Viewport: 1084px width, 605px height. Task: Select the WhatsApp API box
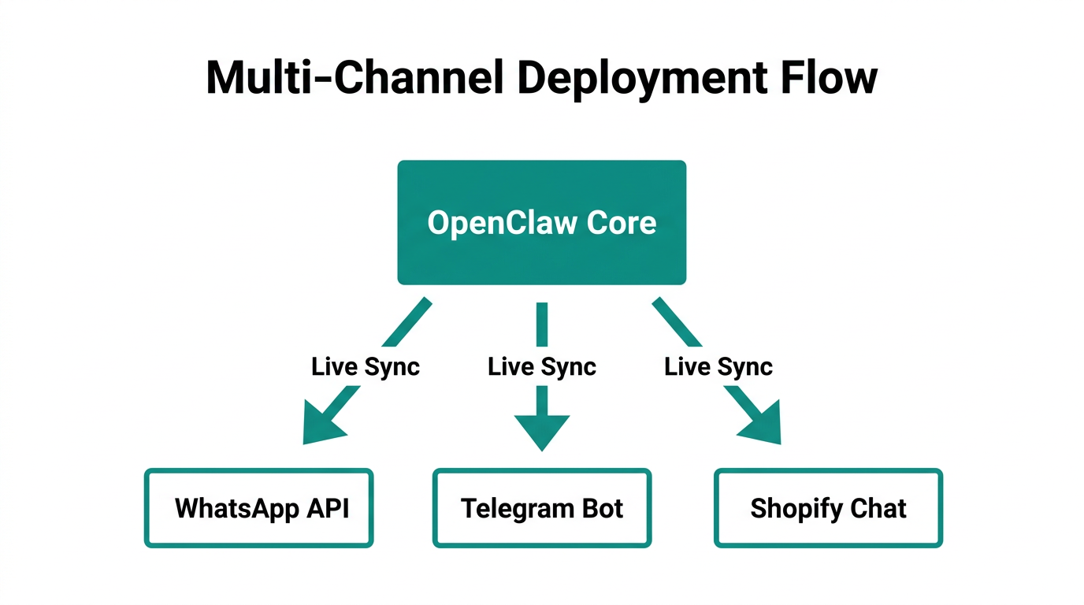[x=258, y=508]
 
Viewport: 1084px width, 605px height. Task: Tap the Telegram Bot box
[x=542, y=508]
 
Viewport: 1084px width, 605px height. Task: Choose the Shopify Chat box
[x=828, y=508]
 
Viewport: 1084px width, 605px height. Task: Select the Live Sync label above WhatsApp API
[x=366, y=366]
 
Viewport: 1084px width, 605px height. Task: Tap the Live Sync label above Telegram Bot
[x=542, y=366]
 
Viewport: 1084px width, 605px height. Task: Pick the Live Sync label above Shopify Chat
[x=718, y=366]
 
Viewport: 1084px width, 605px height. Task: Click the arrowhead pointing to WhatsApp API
[x=323, y=425]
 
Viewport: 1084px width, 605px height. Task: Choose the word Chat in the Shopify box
[x=879, y=508]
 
